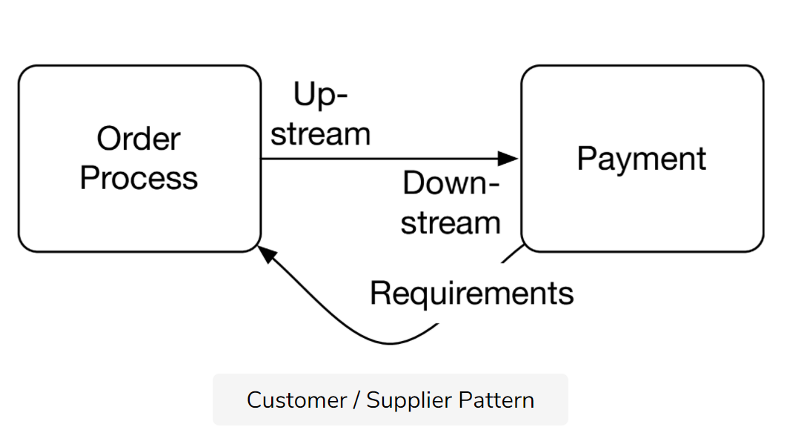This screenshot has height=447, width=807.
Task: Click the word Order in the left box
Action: point(139,139)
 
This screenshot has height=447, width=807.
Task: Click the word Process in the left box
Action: point(139,178)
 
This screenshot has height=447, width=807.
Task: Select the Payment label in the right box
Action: point(642,159)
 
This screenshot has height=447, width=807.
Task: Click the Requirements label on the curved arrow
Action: point(471,294)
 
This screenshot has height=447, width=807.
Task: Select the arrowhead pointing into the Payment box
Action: point(508,159)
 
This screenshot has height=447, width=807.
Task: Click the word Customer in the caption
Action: point(296,400)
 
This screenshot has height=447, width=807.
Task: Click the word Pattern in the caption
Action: point(497,400)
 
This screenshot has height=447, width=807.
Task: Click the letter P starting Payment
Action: point(585,159)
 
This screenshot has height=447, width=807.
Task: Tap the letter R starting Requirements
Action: point(379,294)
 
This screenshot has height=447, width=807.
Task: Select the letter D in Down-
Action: point(412,183)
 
